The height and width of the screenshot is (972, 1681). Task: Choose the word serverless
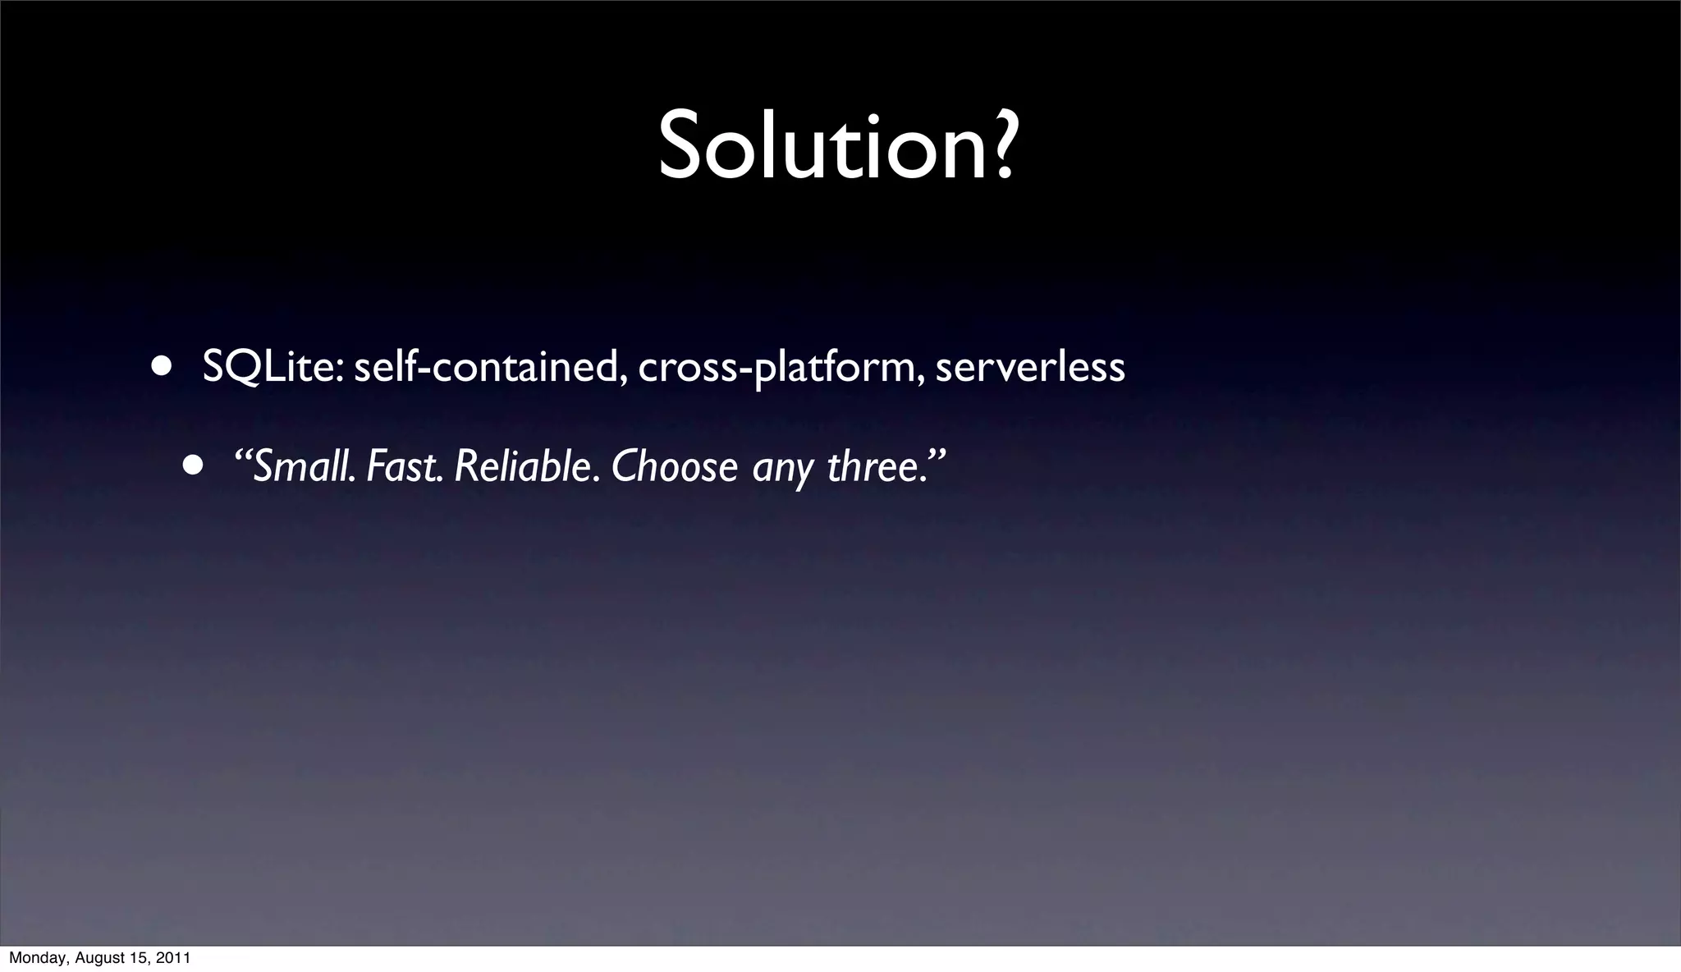pos(1030,366)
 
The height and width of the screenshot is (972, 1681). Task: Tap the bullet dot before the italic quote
pos(194,466)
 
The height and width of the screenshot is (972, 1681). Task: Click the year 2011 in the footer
pos(174,958)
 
